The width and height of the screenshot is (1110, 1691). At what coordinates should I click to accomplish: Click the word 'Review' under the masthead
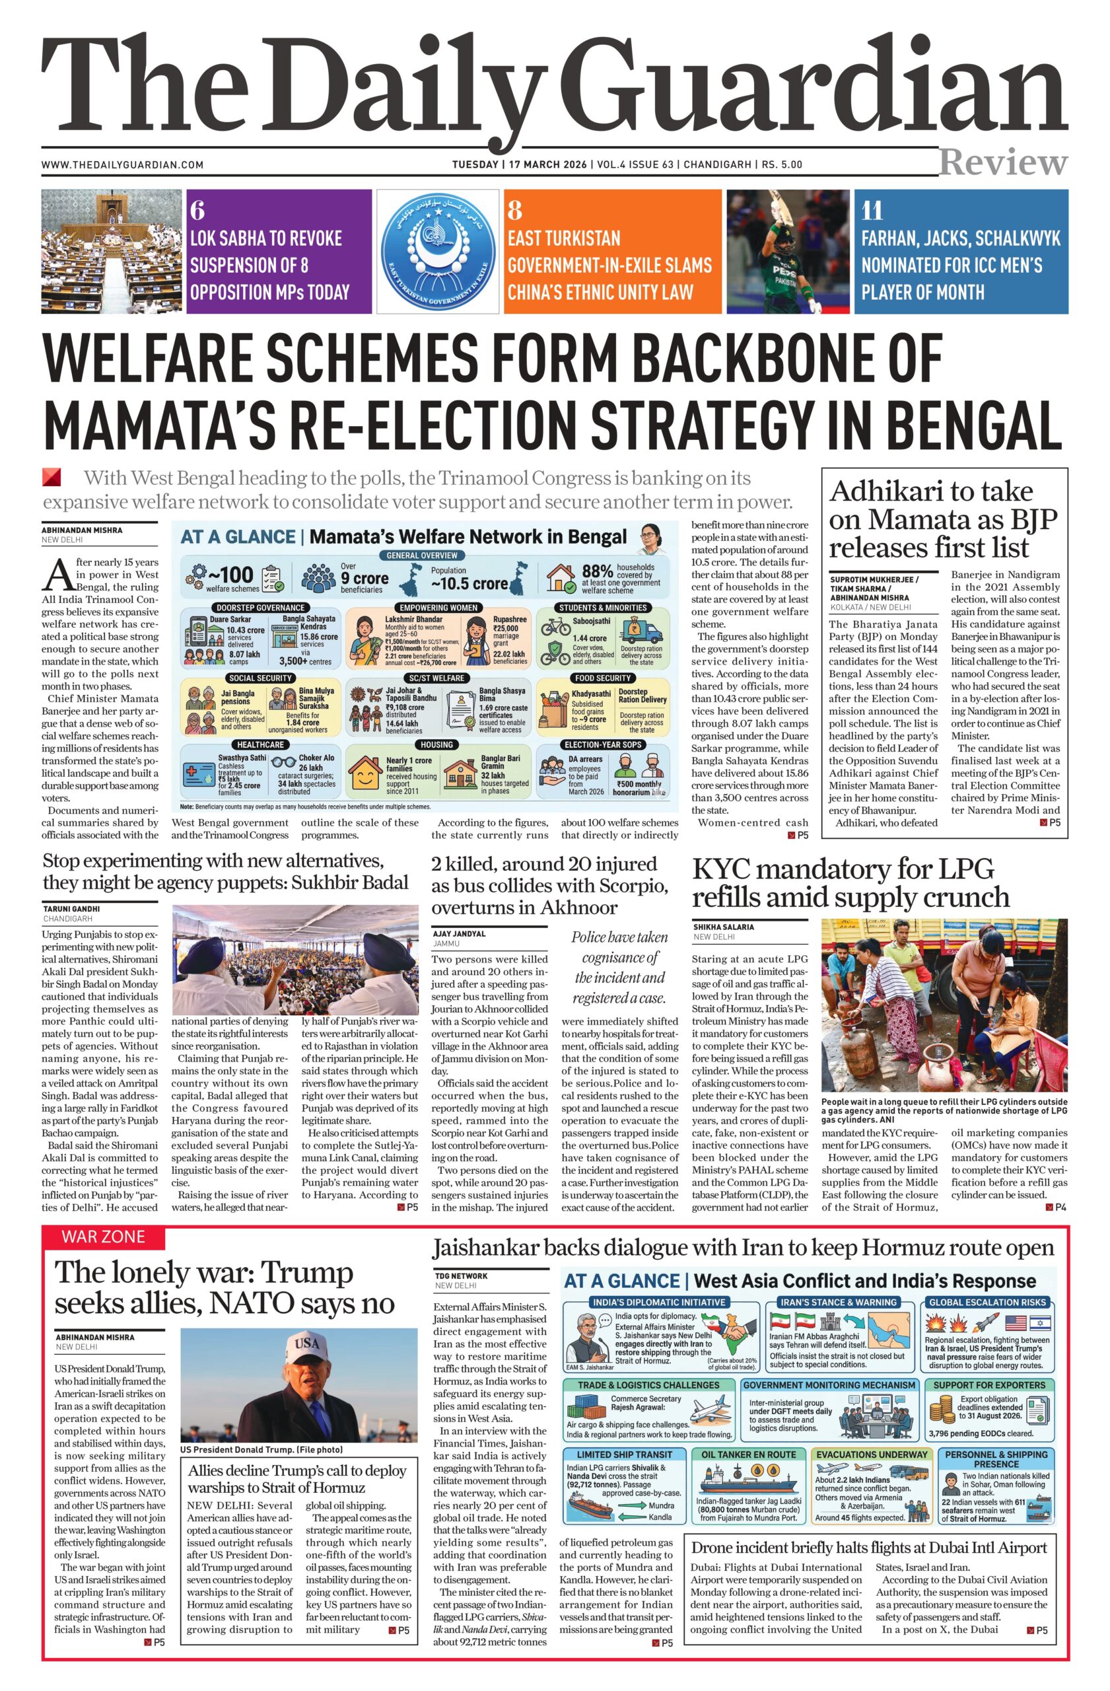1003,162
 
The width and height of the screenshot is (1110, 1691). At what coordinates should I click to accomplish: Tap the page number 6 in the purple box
197,210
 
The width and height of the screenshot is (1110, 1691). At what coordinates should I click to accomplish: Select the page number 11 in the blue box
872,211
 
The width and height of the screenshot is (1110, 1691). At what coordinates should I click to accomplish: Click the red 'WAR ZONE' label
103,1237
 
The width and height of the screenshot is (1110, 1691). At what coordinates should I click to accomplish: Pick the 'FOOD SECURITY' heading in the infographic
603,678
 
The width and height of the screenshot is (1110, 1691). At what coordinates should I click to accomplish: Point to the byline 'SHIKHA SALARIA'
723,927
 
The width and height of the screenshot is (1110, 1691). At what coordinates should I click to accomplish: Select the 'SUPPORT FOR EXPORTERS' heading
989,1385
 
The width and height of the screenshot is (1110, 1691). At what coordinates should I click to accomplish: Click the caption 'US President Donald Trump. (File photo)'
261,1449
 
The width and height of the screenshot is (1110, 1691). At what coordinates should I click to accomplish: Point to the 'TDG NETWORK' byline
461,1276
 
